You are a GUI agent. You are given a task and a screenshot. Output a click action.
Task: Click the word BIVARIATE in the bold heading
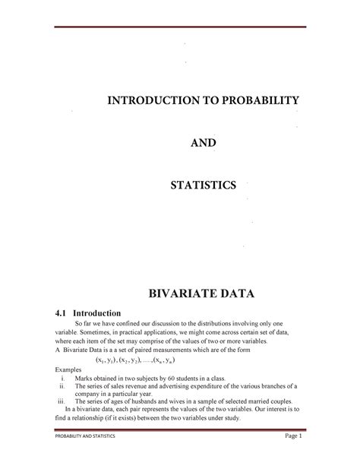coord(179,293)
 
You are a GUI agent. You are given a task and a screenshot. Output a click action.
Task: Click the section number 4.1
coord(55,312)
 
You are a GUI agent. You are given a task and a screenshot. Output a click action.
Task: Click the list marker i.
coord(62,376)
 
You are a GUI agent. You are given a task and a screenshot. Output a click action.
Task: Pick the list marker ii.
coord(61,385)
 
